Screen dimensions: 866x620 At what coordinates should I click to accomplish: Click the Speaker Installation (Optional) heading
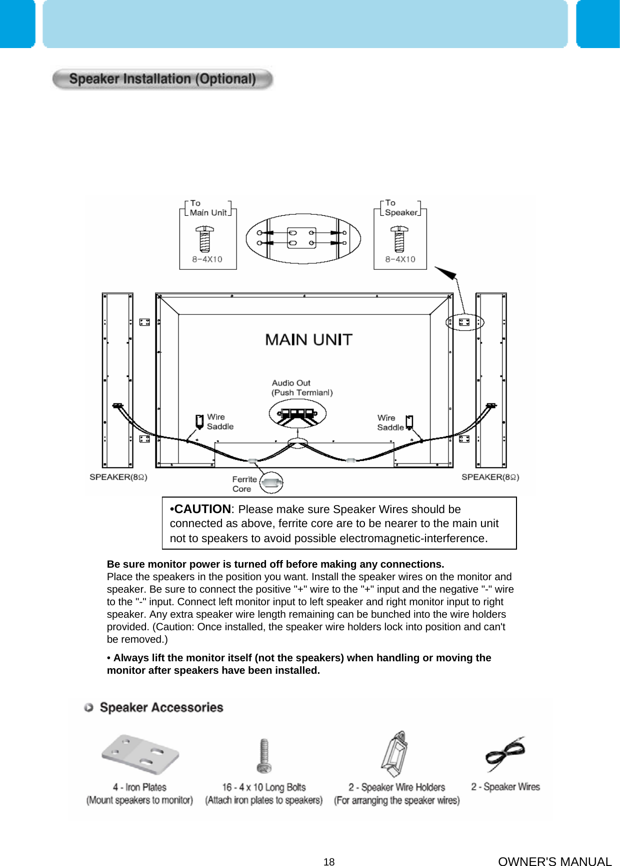click(162, 79)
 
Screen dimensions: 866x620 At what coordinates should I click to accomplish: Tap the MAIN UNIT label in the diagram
click(308, 340)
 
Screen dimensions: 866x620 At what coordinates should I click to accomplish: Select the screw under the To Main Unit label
click(205, 239)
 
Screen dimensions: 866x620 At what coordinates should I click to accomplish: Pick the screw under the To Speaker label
click(399, 239)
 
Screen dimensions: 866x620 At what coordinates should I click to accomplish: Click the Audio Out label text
click(291, 383)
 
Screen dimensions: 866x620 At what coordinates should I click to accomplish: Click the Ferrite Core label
click(244, 484)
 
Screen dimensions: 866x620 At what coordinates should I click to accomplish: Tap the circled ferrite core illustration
click(271, 483)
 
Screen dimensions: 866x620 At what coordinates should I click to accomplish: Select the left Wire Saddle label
click(219, 421)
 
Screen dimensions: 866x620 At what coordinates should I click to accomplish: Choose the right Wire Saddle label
click(390, 422)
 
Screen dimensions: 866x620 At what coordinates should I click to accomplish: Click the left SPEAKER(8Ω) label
click(118, 477)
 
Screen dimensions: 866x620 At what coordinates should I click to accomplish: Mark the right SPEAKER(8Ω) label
click(490, 477)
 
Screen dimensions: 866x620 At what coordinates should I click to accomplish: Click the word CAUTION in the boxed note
click(202, 509)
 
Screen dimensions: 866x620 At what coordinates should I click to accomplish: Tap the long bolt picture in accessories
click(264, 756)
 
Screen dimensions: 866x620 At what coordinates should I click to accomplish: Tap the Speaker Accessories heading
click(161, 707)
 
